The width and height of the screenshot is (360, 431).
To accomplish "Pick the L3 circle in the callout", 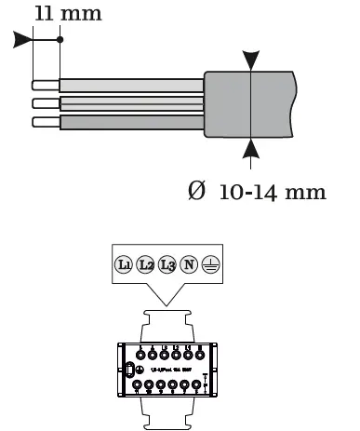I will click(167, 264).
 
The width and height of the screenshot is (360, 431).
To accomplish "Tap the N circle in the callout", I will click(189, 264).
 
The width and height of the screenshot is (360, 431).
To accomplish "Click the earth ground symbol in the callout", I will click(209, 264).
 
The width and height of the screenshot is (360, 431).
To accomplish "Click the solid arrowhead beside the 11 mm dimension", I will click(22, 40).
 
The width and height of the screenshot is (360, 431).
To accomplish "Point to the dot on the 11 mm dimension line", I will click(60, 40).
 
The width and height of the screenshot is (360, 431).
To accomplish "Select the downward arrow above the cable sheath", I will click(252, 60).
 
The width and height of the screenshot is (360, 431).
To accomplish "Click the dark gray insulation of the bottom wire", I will click(130, 122).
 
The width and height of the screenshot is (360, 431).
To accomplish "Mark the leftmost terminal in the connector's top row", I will click(140, 354).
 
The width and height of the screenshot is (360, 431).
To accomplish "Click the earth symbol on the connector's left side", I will click(128, 370).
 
